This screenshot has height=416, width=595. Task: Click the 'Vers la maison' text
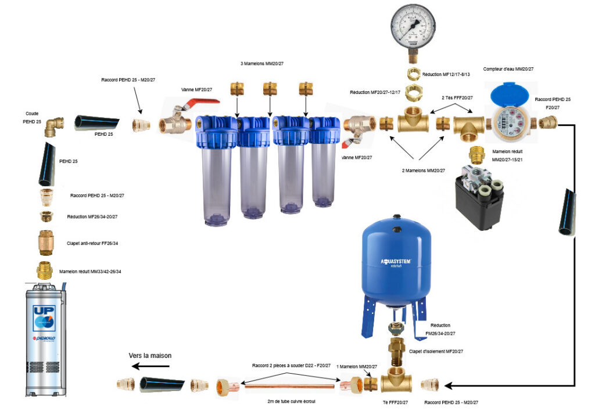click(x=150, y=355)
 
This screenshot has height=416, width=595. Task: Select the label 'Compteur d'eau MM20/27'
click(x=508, y=68)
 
